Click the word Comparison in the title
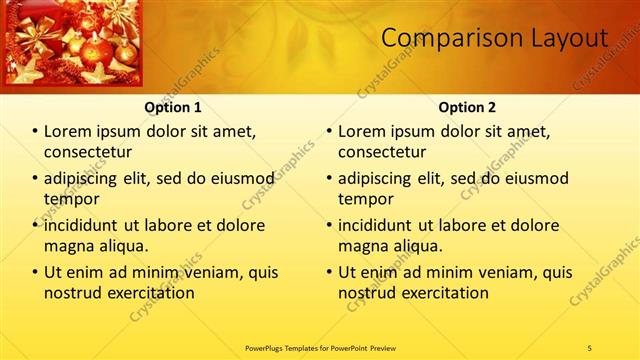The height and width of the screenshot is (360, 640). [444, 38]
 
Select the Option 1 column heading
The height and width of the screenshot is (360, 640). [173, 107]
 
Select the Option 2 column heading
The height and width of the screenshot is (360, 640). [467, 107]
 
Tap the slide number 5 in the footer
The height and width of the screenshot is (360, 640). [590, 347]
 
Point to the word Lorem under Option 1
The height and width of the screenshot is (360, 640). [68, 131]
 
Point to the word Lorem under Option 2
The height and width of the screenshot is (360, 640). [362, 131]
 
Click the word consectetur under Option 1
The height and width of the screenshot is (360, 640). [88, 152]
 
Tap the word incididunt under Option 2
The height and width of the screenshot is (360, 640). [377, 225]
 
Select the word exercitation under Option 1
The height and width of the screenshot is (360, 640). [148, 293]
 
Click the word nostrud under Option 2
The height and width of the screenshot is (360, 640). [366, 293]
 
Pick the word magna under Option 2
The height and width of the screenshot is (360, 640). [362, 245]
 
